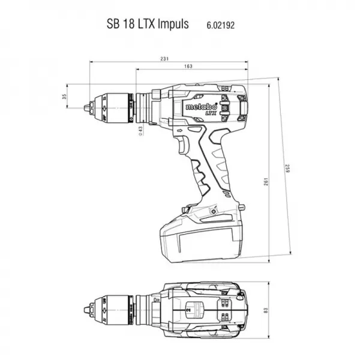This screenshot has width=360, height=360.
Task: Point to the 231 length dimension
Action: click(x=164, y=59)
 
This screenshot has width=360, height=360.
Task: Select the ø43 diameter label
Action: click(x=140, y=131)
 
